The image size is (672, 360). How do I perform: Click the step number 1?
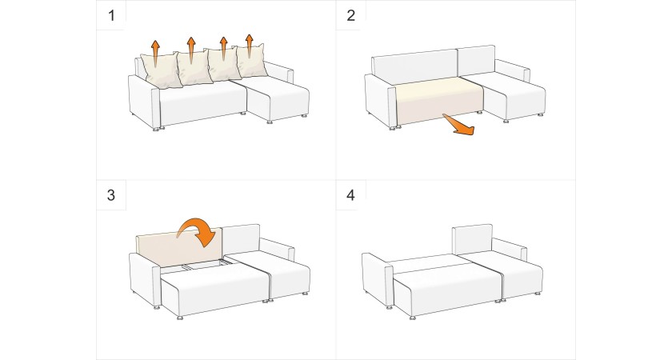[x=111, y=16]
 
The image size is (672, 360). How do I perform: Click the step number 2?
[x=351, y=15]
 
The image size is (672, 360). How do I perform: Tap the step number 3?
[x=111, y=195]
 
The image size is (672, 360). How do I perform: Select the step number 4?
[x=351, y=195]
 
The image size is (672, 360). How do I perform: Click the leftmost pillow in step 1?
[x=160, y=70]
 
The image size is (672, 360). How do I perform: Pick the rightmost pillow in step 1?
[x=251, y=61]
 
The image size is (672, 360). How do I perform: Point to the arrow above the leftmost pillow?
[x=155, y=53]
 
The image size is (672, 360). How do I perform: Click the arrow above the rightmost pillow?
[x=250, y=46]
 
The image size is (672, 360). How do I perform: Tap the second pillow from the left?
[x=194, y=68]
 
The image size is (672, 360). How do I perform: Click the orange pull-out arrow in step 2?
[x=458, y=126]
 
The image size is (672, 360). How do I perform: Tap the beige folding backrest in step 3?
[x=178, y=247]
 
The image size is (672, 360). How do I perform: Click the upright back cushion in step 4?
[x=472, y=239]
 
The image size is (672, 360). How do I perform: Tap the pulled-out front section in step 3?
[x=214, y=290]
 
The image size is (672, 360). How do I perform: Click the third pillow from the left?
[x=222, y=64]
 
